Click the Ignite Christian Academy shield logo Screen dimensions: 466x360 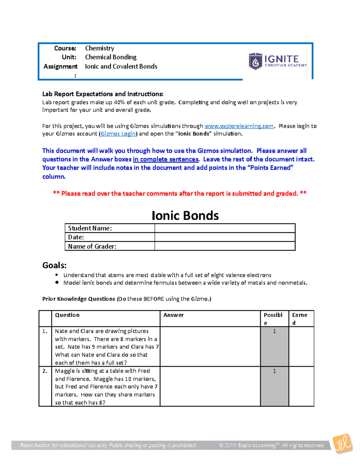pyautogui.click(x=255, y=61)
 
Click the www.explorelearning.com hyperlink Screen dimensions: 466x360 pyautogui.click(x=239, y=126)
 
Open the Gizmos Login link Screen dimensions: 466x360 pyautogui.click(x=118, y=134)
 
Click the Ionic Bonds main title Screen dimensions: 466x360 pyautogui.click(x=185, y=215)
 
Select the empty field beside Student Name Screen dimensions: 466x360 pyautogui.click(x=225, y=228)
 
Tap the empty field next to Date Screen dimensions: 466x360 pyautogui.click(x=225, y=237)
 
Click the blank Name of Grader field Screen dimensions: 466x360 pyautogui.click(x=225, y=246)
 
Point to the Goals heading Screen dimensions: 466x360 pyautogui.click(x=54, y=265)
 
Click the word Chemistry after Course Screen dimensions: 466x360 pyautogui.click(x=100, y=48)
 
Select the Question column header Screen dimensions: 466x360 pyautogui.click(x=67, y=315)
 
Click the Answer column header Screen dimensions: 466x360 pyautogui.click(x=173, y=315)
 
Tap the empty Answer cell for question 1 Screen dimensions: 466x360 pyautogui.click(x=210, y=347)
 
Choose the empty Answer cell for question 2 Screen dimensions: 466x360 pyautogui.click(x=210, y=386)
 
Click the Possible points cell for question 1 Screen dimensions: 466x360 pyautogui.click(x=274, y=347)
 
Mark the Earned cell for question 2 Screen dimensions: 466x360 pyautogui.click(x=301, y=386)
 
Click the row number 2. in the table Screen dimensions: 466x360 pyautogui.click(x=45, y=371)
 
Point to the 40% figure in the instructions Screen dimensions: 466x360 pyautogui.click(x=119, y=102)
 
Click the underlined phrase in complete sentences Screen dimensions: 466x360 pyautogui.click(x=166, y=159)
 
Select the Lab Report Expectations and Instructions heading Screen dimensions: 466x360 pyautogui.click(x=103, y=94)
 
